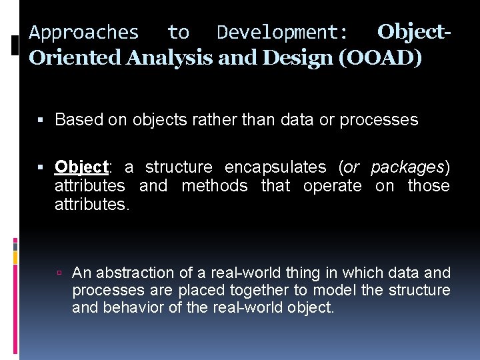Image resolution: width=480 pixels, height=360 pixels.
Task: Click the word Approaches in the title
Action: [x=84, y=32]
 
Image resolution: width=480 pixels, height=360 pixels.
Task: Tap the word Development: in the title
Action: [x=282, y=32]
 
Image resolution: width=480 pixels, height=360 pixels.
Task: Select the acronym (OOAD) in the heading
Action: [x=380, y=58]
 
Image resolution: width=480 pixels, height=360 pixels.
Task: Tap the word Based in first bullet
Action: [x=75, y=120]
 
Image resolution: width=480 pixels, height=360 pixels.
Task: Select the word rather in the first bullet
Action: [x=213, y=120]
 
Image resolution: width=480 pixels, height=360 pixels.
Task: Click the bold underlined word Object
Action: [x=81, y=167]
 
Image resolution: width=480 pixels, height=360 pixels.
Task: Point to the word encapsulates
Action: [x=276, y=167]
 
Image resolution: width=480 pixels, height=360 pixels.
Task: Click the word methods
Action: [x=215, y=186]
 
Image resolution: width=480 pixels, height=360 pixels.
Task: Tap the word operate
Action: [x=332, y=186]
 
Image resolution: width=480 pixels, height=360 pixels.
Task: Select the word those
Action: [x=429, y=186]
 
